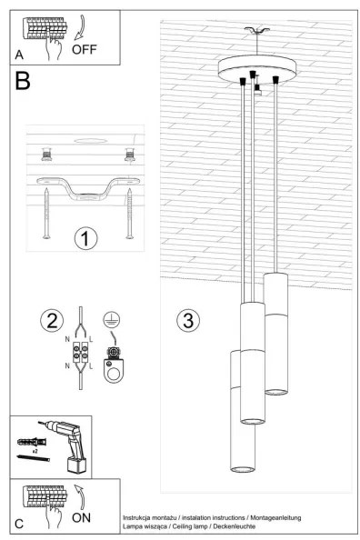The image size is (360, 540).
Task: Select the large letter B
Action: pyautogui.click(x=24, y=83)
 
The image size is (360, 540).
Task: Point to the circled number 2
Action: pyautogui.click(x=51, y=319)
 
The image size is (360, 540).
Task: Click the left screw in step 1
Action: pyautogui.click(x=46, y=215)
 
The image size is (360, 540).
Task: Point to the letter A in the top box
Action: pyautogui.click(x=19, y=55)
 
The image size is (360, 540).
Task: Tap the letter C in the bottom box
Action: pyautogui.click(x=19, y=525)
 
